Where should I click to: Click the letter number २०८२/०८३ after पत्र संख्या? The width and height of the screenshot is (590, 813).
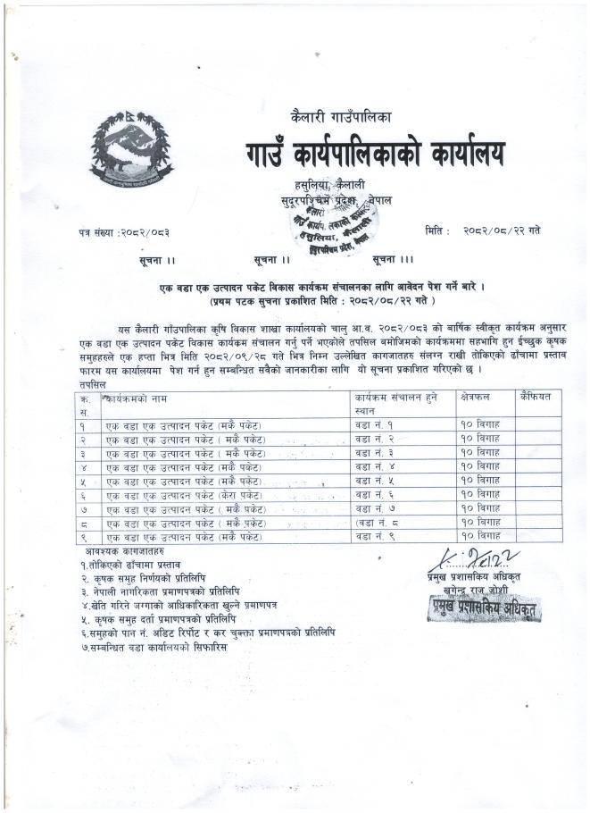[145, 232]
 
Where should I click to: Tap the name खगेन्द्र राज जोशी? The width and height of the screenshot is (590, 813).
[478, 591]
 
